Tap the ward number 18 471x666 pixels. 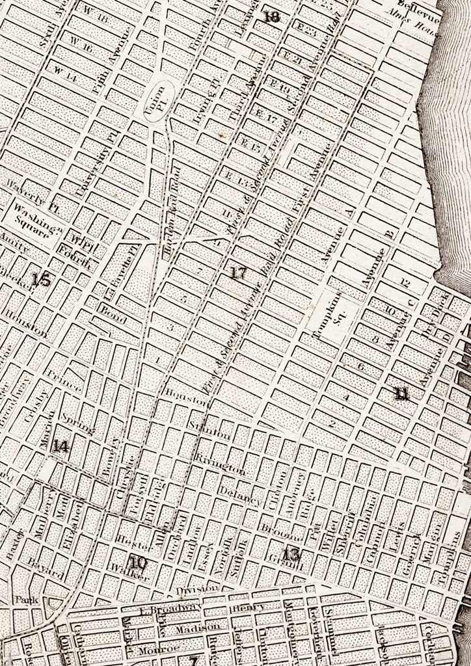pos(271,17)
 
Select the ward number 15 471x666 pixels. pos(40,280)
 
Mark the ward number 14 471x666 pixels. pos(62,446)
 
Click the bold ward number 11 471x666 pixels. pos(402,393)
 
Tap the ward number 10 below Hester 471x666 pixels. pos(137,563)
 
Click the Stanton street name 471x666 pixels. pos(209,431)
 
